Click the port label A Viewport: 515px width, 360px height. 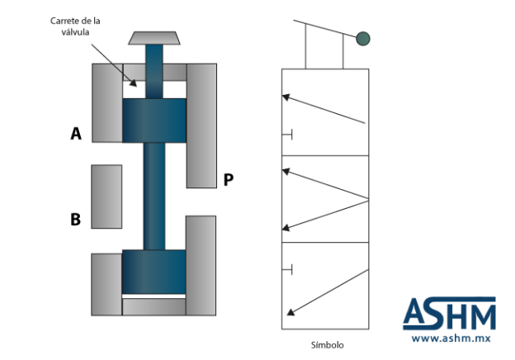pyautogui.click(x=76, y=134)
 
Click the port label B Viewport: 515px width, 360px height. pyautogui.click(x=76, y=220)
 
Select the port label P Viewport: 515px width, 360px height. pyautogui.click(x=229, y=180)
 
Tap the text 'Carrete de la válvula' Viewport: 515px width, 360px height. pyautogui.click(x=75, y=26)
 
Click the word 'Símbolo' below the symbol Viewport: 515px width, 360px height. pyautogui.click(x=328, y=345)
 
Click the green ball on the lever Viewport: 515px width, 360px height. pyautogui.click(x=363, y=39)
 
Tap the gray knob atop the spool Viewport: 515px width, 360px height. pyautogui.click(x=154, y=38)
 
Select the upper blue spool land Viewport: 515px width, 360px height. pyautogui.click(x=154, y=121)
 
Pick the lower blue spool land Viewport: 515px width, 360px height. pyautogui.click(x=154, y=272)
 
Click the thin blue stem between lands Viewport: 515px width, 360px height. pyautogui.click(x=154, y=196)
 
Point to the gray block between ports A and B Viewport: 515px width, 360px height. pyautogui.click(x=106, y=197)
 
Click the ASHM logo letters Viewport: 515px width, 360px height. pyautogui.click(x=449, y=314)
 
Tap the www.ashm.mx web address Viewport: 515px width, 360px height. pyautogui.click(x=451, y=339)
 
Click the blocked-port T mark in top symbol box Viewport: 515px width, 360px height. pyautogui.click(x=287, y=135)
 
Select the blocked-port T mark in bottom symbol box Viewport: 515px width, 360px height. pyautogui.click(x=287, y=270)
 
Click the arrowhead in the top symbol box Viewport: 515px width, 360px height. pyautogui.click(x=286, y=97)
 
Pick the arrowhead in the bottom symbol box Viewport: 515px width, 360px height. pyautogui.click(x=291, y=312)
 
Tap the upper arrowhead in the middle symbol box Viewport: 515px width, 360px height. pyautogui.click(x=286, y=171)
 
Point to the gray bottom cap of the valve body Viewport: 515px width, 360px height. pyautogui.click(x=154, y=307)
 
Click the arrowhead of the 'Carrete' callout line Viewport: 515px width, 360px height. pyautogui.click(x=134, y=83)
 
